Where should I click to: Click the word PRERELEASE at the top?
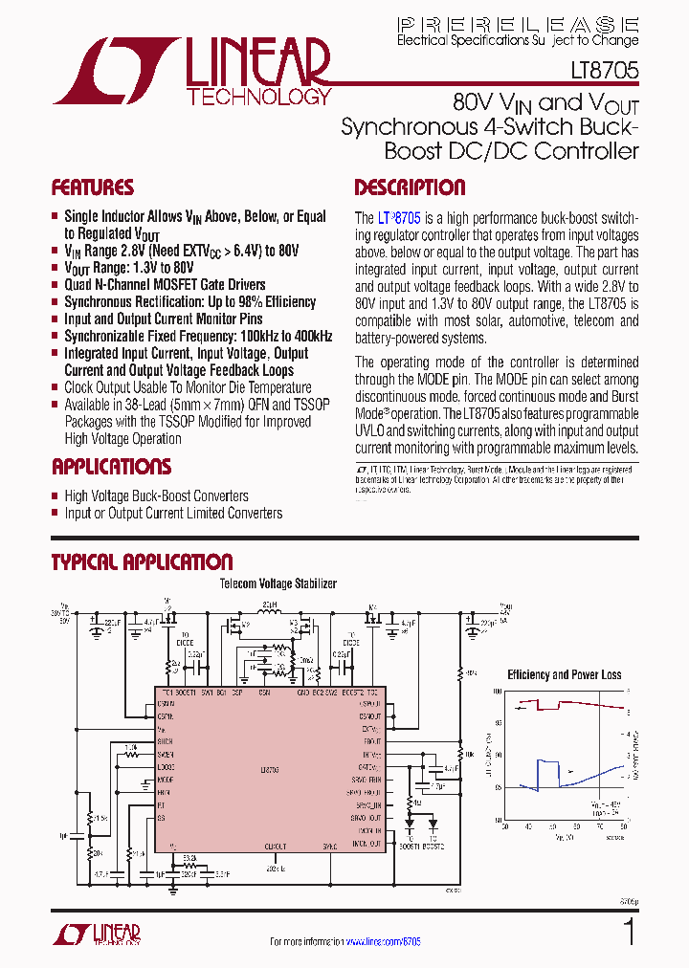point(518,24)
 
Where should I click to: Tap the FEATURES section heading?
point(93,187)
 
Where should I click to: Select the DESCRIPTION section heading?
point(410,187)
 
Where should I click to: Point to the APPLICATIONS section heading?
point(111,467)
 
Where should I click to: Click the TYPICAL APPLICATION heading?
point(142,561)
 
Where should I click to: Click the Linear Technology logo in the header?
point(192,71)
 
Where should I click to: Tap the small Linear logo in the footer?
point(99,933)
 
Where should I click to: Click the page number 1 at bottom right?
point(629,932)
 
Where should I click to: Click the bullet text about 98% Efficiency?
point(189,301)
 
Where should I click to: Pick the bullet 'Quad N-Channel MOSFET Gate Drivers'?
point(165,284)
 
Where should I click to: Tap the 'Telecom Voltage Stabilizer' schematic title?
point(278,583)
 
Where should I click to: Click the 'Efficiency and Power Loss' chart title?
point(564,674)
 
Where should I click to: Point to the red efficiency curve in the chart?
point(574,704)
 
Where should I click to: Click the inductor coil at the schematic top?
point(270,617)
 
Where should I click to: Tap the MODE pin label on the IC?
point(166,780)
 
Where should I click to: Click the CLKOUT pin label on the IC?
point(276,847)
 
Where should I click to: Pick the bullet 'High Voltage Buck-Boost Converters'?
point(156,495)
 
